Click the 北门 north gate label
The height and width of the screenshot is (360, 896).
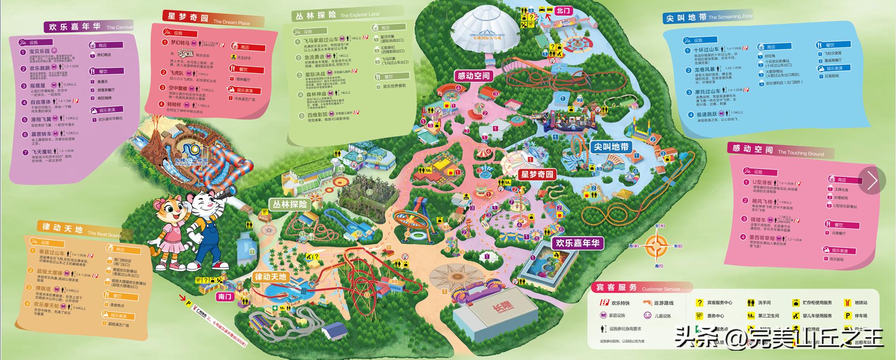pos(563,11)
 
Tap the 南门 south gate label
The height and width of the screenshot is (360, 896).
pos(225,296)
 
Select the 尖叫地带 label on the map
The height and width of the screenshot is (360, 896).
pos(610,147)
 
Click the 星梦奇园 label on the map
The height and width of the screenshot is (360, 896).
pos(537,175)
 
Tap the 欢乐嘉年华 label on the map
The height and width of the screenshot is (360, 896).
pos(577,243)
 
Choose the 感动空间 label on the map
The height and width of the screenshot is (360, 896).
pos(474,76)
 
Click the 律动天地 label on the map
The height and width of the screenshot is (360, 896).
pos(270,276)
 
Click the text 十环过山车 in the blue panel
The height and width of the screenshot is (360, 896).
pos(706,49)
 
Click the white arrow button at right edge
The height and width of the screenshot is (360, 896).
pos(872,180)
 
